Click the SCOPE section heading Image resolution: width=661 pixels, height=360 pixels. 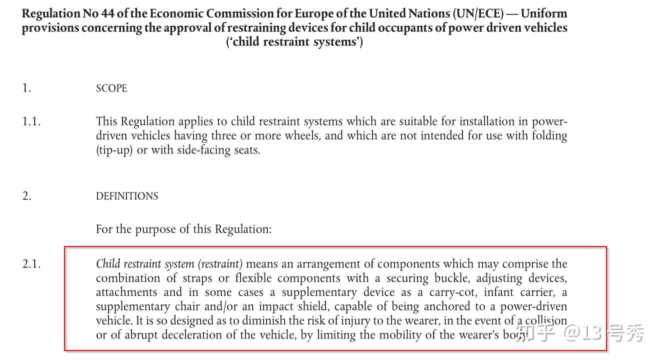(x=111, y=88)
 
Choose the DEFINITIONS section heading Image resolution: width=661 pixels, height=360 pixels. (x=127, y=196)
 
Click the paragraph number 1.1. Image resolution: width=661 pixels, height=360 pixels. (x=31, y=121)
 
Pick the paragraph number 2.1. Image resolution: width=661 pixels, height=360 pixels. (x=31, y=264)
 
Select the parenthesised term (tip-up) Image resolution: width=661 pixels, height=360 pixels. (x=114, y=150)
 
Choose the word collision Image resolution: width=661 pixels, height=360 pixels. (x=546, y=320)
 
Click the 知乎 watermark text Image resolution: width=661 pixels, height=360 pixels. (x=536, y=333)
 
